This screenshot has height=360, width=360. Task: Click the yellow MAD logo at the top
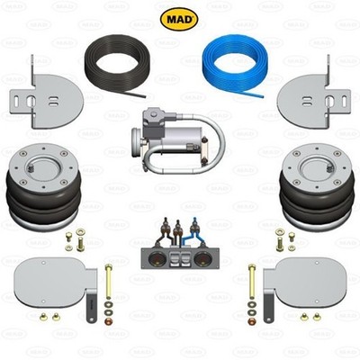point(179,19)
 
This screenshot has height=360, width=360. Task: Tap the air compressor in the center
point(177,140)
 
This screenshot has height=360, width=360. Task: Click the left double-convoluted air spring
point(43,187)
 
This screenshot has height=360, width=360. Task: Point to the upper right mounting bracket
point(314,95)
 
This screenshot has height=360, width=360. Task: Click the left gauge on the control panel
point(157,258)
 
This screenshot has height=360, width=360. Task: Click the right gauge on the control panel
point(202,258)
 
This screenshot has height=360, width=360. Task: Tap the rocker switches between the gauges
point(180,258)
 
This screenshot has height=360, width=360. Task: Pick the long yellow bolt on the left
point(109,282)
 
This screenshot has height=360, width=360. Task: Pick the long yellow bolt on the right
point(252,282)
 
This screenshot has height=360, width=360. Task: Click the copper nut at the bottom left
point(108,321)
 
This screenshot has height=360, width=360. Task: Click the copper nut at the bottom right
point(252,321)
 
